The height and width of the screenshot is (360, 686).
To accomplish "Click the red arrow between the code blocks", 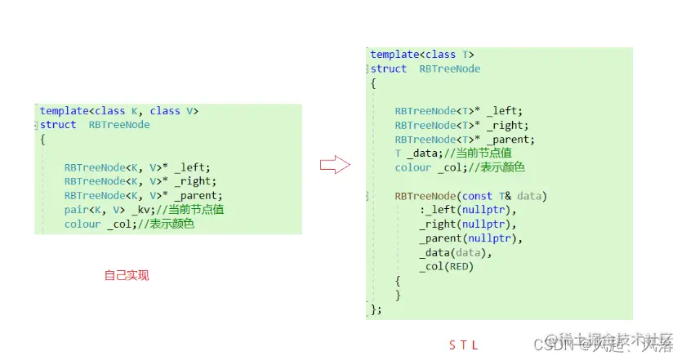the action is pyautogui.click(x=335, y=166).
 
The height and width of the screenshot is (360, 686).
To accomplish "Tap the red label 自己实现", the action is pyautogui.click(x=127, y=276).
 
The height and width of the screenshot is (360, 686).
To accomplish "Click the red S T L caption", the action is pyautogui.click(x=463, y=344).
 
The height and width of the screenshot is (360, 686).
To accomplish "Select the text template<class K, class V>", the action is pyautogui.click(x=119, y=111).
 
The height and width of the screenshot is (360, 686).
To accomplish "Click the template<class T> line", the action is pyautogui.click(x=422, y=55).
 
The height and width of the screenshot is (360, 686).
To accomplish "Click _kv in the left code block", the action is pyautogui.click(x=136, y=210).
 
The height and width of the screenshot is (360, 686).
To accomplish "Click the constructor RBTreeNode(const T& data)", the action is pyautogui.click(x=470, y=196).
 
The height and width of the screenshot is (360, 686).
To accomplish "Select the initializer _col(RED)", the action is pyautogui.click(x=446, y=266).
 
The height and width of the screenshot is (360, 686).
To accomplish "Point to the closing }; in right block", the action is pyautogui.click(x=376, y=309).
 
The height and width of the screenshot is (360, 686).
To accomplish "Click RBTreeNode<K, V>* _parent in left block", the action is pyautogui.click(x=143, y=196).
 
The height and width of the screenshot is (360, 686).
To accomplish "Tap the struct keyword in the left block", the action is pyautogui.click(x=57, y=125).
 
